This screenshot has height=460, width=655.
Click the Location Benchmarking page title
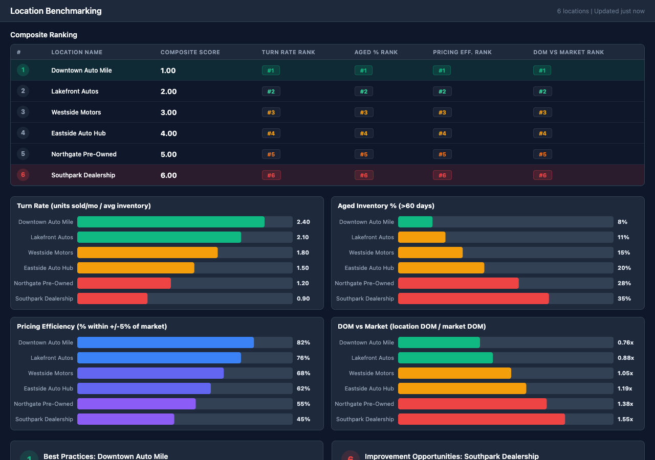pyautogui.click(x=56, y=11)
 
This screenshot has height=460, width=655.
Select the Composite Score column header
pyautogui.click(x=190, y=52)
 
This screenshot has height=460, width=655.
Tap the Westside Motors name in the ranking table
pyautogui.click(x=76, y=112)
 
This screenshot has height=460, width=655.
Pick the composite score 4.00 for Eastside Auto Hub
pyautogui.click(x=168, y=133)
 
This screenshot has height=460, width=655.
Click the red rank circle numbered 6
pyautogui.click(x=23, y=175)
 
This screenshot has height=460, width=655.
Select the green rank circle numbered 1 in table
pyautogui.click(x=23, y=71)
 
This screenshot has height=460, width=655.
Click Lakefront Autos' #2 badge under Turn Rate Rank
pyautogui.click(x=271, y=91)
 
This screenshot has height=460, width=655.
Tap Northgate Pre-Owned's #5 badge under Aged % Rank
pyautogui.click(x=363, y=154)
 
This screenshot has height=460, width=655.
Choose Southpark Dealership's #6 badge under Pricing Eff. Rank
pyautogui.click(x=442, y=175)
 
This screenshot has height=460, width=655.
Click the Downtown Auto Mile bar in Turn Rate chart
pyautogui.click(x=171, y=222)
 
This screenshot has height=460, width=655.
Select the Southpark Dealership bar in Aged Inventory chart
pyautogui.click(x=473, y=298)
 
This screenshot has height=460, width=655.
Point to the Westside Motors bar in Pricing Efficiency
pyautogui.click(x=150, y=373)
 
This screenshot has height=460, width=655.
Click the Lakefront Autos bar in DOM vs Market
pyautogui.click(x=445, y=358)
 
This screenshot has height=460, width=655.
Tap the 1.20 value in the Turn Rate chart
pyautogui.click(x=303, y=283)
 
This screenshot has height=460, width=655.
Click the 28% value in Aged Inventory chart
pyautogui.click(x=624, y=283)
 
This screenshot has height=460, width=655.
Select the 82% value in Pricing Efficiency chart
pyautogui.click(x=303, y=342)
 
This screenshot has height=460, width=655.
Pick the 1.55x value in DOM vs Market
pyautogui.click(x=625, y=419)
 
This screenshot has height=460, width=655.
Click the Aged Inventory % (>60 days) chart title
pyautogui.click(x=386, y=205)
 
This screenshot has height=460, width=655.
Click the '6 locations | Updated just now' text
pyautogui.click(x=601, y=11)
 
